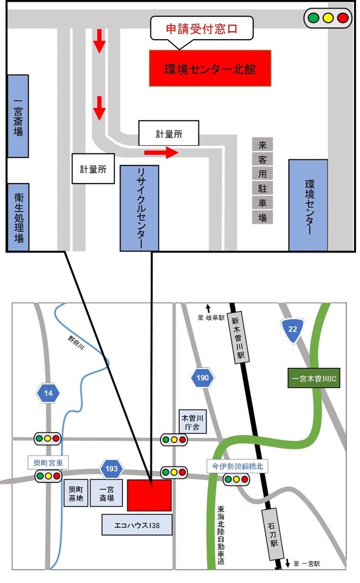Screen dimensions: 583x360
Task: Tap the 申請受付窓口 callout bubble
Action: pyautogui.click(x=202, y=27)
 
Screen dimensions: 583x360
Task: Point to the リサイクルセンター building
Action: pyautogui.click(x=139, y=208)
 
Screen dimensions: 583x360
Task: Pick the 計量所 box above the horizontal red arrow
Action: pyautogui.click(x=169, y=134)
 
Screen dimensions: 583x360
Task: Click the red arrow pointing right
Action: pyautogui.click(x=160, y=153)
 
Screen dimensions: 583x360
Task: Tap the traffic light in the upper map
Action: pyautogui.click(x=327, y=18)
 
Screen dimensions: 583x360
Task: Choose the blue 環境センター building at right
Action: pyautogui.click(x=308, y=205)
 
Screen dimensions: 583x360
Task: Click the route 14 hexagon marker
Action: pyautogui.click(x=48, y=394)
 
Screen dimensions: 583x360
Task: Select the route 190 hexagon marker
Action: pyautogui.click(x=202, y=378)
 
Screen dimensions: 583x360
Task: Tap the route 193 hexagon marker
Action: pyautogui.click(x=111, y=469)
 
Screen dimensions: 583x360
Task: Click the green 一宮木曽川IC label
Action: pyautogui.click(x=315, y=378)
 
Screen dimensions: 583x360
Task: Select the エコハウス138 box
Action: pyautogui.click(x=138, y=525)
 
